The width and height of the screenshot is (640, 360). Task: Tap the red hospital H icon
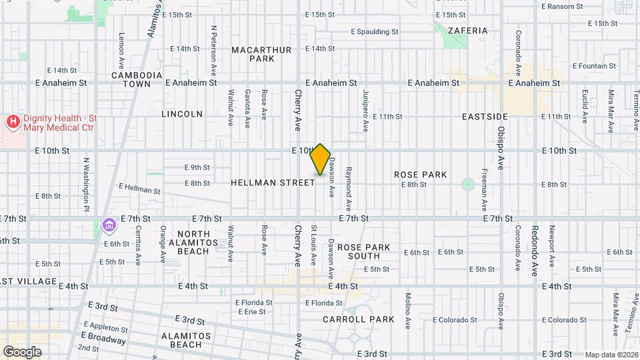(12, 122)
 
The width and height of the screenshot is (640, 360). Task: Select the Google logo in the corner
(22, 351)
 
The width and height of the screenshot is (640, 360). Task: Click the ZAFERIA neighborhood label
(467, 31)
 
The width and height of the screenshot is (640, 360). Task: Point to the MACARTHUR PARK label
(253, 54)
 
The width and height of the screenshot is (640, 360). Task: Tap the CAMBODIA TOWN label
(136, 79)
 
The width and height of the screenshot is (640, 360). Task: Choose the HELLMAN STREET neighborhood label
(273, 182)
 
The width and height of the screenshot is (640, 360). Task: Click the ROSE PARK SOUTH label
(363, 251)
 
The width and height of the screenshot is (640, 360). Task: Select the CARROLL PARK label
(359, 319)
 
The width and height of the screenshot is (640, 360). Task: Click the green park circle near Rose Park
(467, 183)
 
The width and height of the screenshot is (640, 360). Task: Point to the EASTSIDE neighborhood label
(485, 116)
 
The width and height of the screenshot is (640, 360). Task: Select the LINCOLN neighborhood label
(182, 114)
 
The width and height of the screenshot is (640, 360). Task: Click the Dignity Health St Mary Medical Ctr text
(60, 123)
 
